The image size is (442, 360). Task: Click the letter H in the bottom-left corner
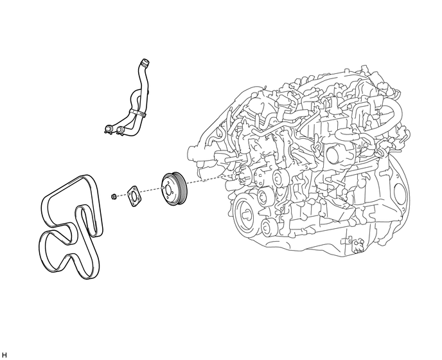4,355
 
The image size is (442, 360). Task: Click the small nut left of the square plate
114,195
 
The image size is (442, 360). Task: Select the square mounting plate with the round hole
134,196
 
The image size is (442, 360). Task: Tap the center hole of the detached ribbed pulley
168,190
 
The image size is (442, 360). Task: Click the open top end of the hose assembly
145,62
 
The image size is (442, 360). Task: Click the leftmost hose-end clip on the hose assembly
108,129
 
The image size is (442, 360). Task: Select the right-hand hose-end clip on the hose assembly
119,130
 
